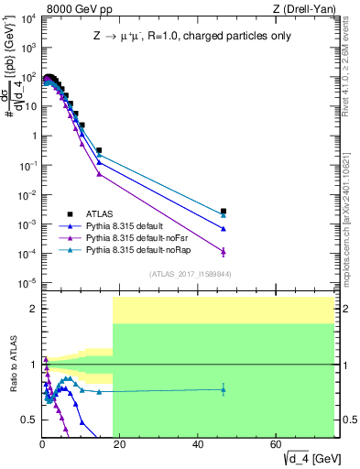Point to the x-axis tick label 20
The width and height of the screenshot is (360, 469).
coord(120,443)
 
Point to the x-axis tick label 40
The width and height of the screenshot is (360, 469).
coord(199,443)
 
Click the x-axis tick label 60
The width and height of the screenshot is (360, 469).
coord(277,443)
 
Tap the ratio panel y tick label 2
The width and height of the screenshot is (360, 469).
coord(31,310)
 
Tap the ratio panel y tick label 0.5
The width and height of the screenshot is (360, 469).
coord(27,420)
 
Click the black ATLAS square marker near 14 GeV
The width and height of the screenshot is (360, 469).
coord(99,150)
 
